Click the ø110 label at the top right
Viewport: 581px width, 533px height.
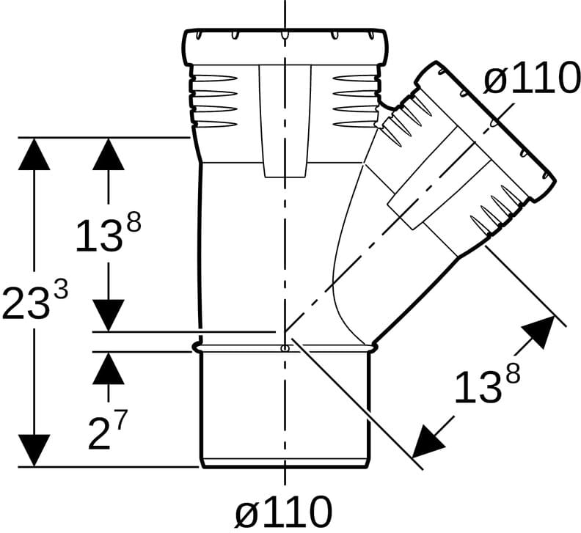[x=532, y=78]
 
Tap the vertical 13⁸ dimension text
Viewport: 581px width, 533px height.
[x=108, y=233]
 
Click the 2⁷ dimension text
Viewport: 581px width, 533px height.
[x=108, y=430]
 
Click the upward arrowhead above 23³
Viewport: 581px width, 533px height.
[x=34, y=154]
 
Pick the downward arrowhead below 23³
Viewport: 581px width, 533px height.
[x=34, y=451]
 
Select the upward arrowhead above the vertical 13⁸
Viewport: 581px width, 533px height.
[x=108, y=154]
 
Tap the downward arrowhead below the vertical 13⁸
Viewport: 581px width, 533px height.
[x=108, y=315]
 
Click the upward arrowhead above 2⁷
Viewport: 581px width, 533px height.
[x=108, y=368]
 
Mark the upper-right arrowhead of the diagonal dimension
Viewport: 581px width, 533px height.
[x=540, y=331]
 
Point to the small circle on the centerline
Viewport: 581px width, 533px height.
[x=285, y=348]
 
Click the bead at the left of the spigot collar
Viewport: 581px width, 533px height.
[x=197, y=348]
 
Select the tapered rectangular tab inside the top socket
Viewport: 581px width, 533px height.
[x=285, y=121]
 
